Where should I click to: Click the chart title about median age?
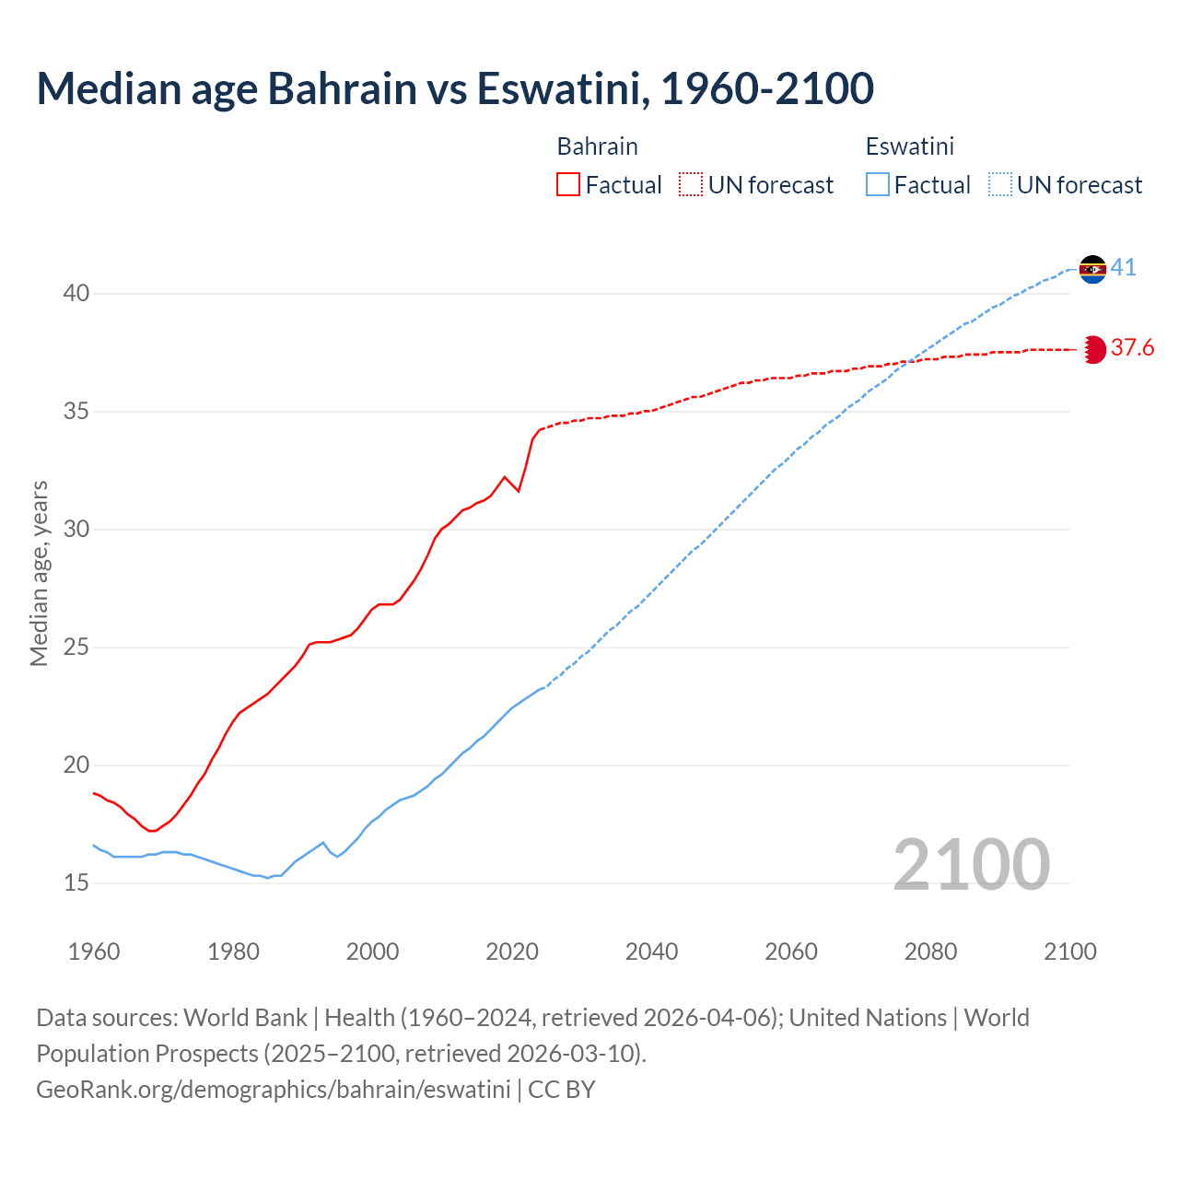point(455,88)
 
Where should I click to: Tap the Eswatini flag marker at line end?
point(1092,269)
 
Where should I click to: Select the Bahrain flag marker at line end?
point(1092,349)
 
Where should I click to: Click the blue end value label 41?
point(1123,268)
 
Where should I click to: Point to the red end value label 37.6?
point(1132,348)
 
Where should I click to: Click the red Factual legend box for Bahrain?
point(568,185)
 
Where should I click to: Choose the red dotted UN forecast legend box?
point(691,185)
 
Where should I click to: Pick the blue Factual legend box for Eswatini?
point(878,185)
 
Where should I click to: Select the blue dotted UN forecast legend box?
point(999,185)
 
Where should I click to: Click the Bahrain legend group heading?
point(597,146)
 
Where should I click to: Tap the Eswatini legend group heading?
point(909,146)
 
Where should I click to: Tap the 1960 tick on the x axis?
point(94,951)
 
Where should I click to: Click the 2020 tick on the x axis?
point(512,951)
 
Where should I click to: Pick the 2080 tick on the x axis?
point(930,951)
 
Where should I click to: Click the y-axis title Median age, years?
point(39,573)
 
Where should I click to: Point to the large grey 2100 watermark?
point(971,865)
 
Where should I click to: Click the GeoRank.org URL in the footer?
point(273,1090)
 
